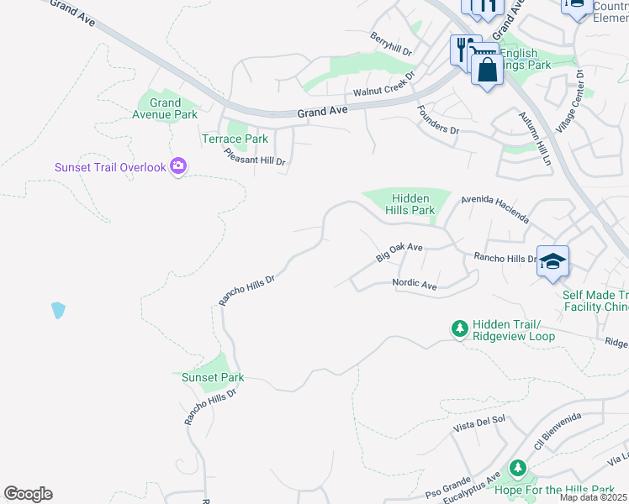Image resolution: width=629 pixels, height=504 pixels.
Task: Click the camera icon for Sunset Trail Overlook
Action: point(177,166)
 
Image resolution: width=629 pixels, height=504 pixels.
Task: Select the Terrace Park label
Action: point(235,139)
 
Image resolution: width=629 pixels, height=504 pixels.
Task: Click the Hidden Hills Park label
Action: point(412,203)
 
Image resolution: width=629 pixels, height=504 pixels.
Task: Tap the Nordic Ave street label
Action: point(415,286)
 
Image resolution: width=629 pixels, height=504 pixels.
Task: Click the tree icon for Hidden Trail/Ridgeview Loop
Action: point(459,328)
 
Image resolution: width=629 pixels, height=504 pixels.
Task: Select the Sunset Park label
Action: point(213,377)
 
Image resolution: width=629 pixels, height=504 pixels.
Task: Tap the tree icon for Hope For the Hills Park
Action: point(518,469)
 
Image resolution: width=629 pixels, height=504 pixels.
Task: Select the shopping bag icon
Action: point(487,69)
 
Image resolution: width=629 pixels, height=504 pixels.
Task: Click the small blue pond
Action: point(57,310)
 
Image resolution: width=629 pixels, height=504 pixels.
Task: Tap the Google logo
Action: point(28,494)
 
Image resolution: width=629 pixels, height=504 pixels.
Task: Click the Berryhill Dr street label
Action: point(391,44)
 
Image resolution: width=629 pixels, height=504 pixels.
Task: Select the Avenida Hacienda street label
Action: point(495,211)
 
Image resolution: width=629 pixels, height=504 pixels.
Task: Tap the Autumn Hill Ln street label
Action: point(533,138)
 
